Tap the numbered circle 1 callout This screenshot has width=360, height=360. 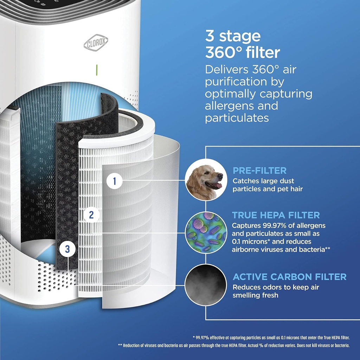point(114,182)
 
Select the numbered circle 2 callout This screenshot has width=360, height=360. point(91,215)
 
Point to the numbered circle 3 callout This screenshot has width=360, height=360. point(67,249)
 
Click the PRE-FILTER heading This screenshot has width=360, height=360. point(259,171)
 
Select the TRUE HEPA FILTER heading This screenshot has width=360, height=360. point(276,215)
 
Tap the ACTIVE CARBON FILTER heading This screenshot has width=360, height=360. point(289,277)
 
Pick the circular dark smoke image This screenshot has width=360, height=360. point(206,284)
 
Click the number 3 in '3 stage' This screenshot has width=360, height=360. point(210,37)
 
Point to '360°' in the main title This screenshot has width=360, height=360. point(222,53)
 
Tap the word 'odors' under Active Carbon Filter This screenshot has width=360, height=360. point(269,287)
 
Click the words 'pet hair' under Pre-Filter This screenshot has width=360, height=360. point(290,189)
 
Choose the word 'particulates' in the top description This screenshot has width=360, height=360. point(237,117)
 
